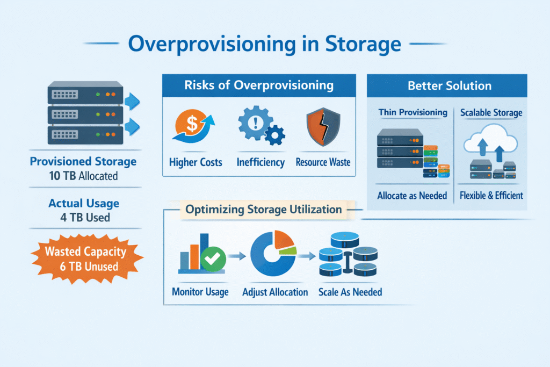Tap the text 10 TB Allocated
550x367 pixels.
(x=83, y=175)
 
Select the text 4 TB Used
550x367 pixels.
(x=83, y=217)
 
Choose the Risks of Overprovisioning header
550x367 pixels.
(x=259, y=85)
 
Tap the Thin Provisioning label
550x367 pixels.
(x=412, y=112)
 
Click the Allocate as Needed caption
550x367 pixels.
(x=412, y=196)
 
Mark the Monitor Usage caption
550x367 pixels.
(x=200, y=292)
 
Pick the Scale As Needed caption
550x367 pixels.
(x=350, y=292)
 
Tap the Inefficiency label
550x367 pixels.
(x=260, y=162)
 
